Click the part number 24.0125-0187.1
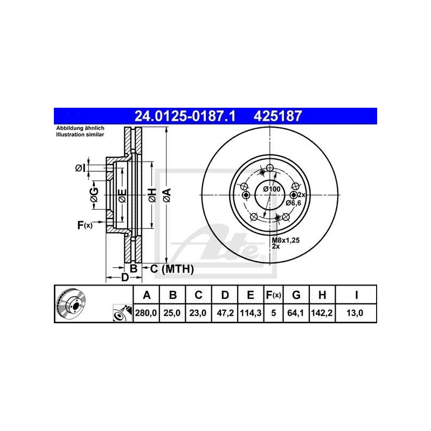click(x=183, y=115)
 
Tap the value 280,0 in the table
click(x=145, y=311)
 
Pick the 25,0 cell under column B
click(x=172, y=311)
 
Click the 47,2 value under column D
click(x=225, y=311)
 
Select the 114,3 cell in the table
click(x=251, y=311)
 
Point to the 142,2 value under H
click(x=322, y=311)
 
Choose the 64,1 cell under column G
click(x=296, y=311)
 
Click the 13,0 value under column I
click(x=357, y=311)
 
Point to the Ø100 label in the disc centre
click(x=272, y=189)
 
